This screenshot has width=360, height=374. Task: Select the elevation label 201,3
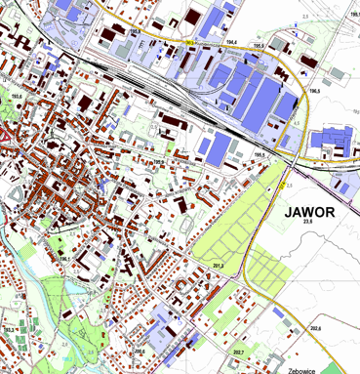[x=218, y=266]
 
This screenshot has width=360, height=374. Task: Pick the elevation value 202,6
[x=315, y=328]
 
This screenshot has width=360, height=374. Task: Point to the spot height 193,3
[x=9, y=331]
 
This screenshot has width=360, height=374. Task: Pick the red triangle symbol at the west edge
[x=4, y=130]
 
